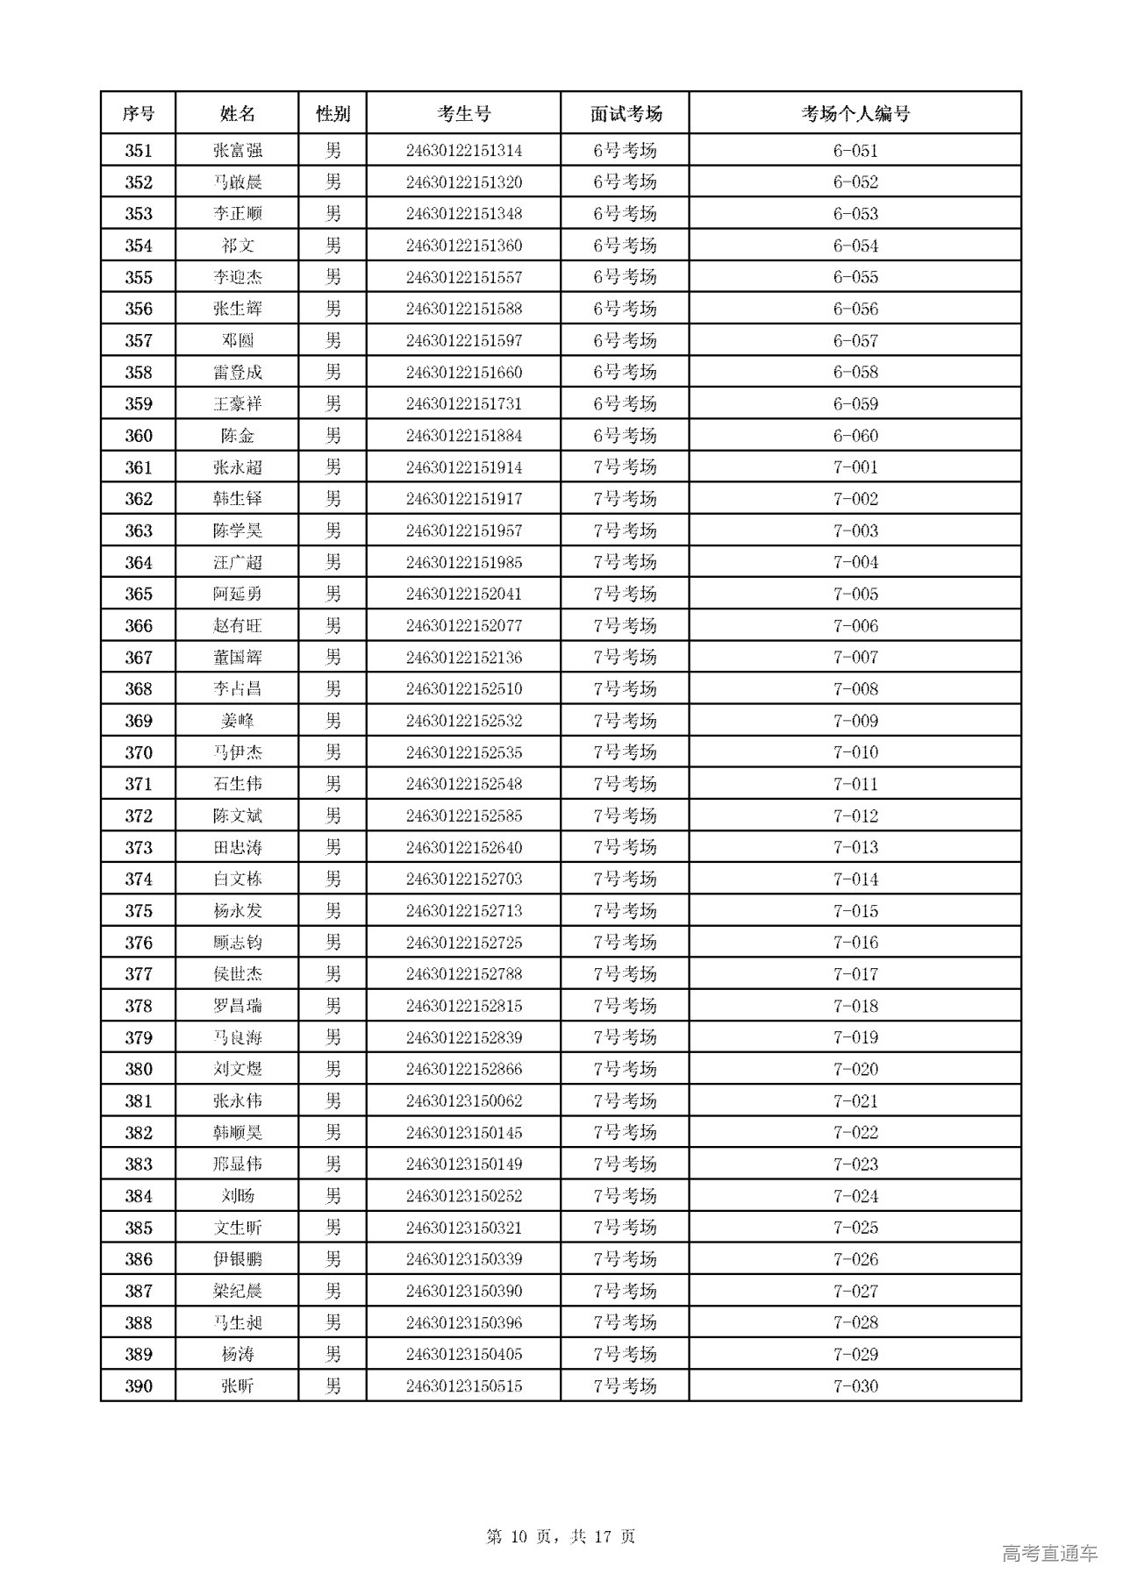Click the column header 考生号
click(463, 113)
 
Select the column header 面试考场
click(625, 113)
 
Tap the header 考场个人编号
click(855, 113)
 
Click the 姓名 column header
click(237, 113)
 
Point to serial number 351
click(139, 151)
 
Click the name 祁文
click(237, 246)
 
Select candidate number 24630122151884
click(463, 436)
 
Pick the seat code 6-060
click(855, 436)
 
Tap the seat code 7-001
click(855, 467)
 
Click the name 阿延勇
click(237, 594)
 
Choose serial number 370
click(139, 752)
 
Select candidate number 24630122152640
click(463, 847)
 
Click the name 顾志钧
click(237, 943)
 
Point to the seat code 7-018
click(855, 1006)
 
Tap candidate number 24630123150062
click(463, 1100)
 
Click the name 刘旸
click(237, 1196)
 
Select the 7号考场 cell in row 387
click(625, 1291)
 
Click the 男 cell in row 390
click(333, 1385)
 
